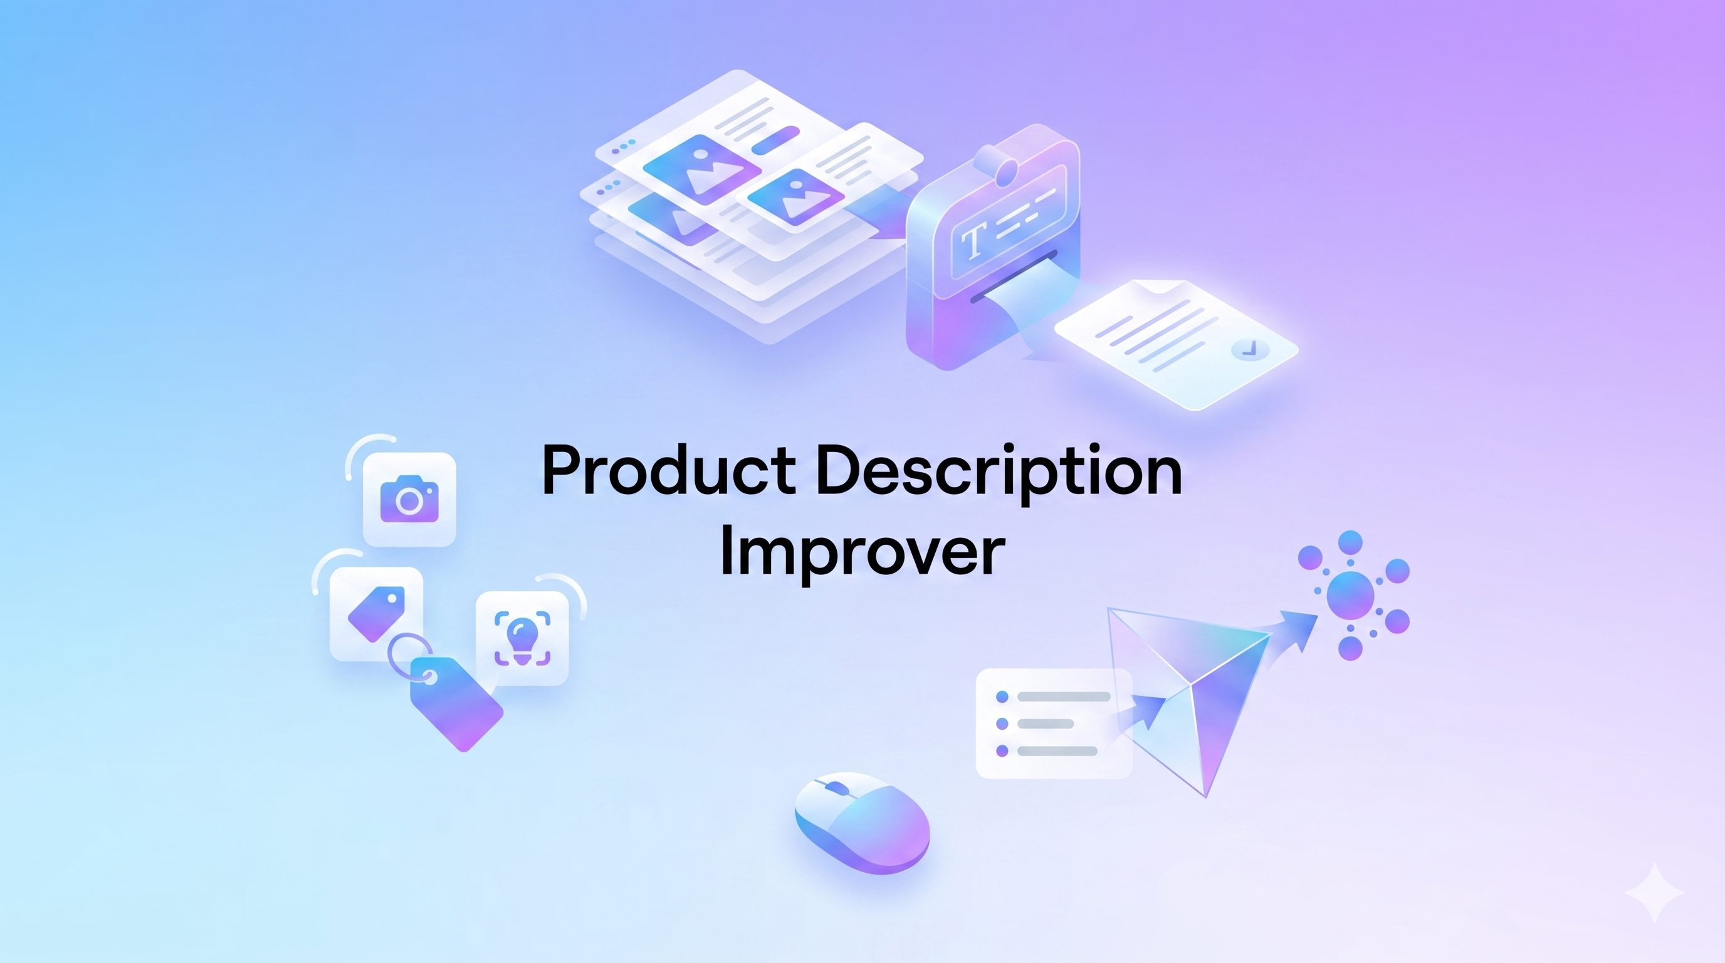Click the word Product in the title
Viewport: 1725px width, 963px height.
(x=668, y=471)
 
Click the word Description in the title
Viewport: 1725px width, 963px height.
(x=999, y=471)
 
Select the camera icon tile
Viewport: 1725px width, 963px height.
(x=409, y=499)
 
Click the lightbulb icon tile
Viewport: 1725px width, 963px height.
(x=522, y=638)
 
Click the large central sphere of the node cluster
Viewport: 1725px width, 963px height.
(x=1350, y=595)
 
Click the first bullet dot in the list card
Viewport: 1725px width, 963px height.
(x=1002, y=697)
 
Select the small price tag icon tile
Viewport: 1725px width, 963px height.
(x=376, y=613)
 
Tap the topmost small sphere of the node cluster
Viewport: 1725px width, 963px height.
(x=1350, y=542)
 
